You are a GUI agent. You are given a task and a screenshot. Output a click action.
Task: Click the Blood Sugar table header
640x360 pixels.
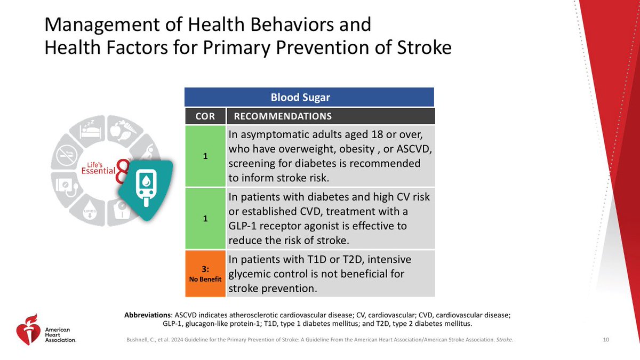click(309, 98)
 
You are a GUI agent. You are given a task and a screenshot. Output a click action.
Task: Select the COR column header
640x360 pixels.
click(205, 116)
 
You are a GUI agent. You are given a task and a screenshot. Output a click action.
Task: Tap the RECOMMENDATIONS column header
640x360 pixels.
click(283, 116)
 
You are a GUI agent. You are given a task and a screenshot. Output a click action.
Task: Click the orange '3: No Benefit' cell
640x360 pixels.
click(205, 273)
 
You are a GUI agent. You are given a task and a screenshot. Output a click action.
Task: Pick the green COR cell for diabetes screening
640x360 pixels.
click(205, 156)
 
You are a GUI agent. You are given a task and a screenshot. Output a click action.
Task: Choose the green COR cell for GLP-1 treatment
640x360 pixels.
click(205, 218)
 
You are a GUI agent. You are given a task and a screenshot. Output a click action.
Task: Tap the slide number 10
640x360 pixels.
click(605, 340)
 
